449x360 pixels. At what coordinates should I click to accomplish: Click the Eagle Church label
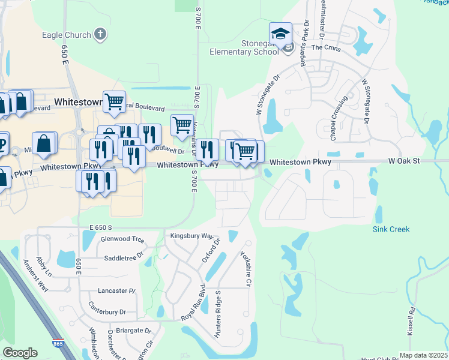(66, 35)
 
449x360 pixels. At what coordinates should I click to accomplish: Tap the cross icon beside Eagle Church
(100, 34)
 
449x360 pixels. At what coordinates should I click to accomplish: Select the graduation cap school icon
(280, 34)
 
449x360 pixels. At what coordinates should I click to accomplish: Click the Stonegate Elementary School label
(246, 47)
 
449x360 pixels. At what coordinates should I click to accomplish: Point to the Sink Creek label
(391, 229)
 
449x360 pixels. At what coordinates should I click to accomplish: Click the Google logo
(20, 353)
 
